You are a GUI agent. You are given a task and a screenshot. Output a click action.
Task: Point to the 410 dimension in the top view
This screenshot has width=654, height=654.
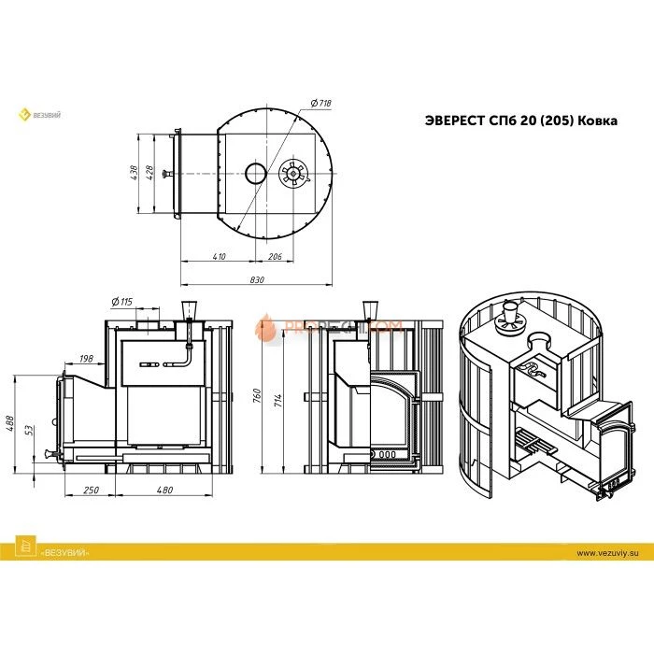tap(219, 255)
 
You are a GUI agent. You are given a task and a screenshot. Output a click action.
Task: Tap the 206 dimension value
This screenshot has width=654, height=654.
tap(276, 255)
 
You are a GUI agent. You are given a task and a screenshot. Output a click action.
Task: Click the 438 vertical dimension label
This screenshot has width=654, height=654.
tap(135, 173)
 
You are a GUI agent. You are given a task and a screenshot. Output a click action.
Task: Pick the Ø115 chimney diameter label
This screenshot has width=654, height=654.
tap(122, 301)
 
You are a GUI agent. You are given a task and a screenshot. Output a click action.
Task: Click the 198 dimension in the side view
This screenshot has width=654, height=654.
tap(87, 358)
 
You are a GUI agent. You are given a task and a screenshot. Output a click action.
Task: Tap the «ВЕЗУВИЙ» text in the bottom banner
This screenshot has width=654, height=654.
tap(64, 554)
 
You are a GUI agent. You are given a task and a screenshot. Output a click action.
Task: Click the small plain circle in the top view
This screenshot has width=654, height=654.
tap(255, 173)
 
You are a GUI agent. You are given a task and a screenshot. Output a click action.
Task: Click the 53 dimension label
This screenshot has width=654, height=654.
tap(32, 431)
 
